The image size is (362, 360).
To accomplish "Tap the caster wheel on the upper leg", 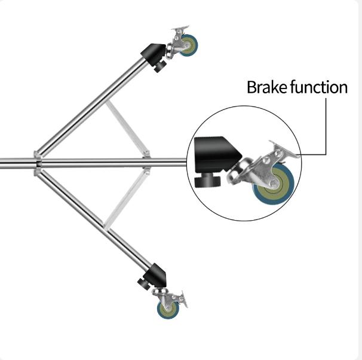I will pyautogui.click(x=189, y=45).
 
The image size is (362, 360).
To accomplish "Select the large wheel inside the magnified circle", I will pyautogui.click(x=274, y=184).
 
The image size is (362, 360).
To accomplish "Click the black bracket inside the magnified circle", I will pyautogui.click(x=214, y=155).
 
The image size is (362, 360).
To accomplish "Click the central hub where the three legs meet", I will pyautogui.click(x=38, y=163).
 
